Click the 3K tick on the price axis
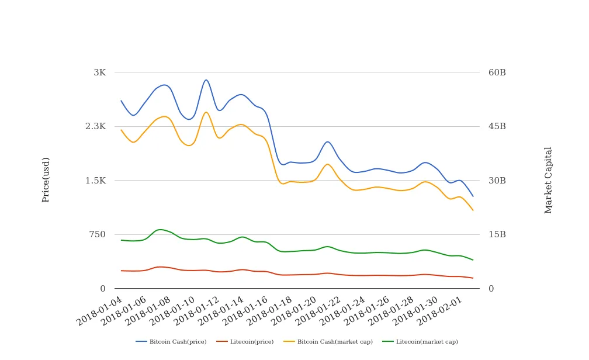[99, 72]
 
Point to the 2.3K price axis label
[95, 126]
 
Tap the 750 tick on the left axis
[98, 234]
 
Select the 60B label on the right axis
[497, 72]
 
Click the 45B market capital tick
[497, 126]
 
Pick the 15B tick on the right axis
[497, 234]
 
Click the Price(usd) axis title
[46, 179]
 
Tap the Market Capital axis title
[548, 180]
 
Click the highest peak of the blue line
[206, 80]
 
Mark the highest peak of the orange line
[206, 112]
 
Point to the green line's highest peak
[161, 230]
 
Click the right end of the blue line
[473, 196]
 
